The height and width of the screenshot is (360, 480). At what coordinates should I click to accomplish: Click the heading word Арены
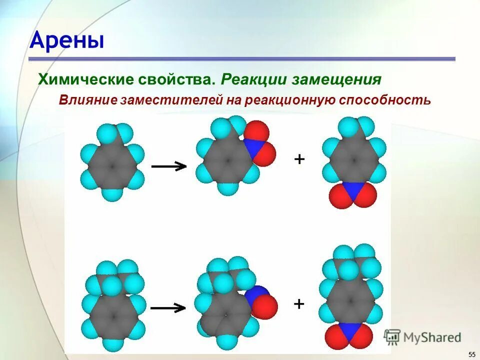coord(67,40)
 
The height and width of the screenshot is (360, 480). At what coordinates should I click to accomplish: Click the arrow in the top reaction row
coord(169,166)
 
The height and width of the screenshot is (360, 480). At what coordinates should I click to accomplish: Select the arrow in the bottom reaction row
coord(169,308)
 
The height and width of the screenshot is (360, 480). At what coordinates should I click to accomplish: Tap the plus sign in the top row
coord(299,159)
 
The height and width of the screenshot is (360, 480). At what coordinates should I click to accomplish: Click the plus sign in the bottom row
coord(299,303)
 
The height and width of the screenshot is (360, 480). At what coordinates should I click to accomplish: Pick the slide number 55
coord(472,354)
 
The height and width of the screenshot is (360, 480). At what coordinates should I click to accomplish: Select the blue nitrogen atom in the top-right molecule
coord(353,190)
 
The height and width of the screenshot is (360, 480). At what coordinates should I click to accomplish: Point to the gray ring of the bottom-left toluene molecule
coord(114,315)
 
